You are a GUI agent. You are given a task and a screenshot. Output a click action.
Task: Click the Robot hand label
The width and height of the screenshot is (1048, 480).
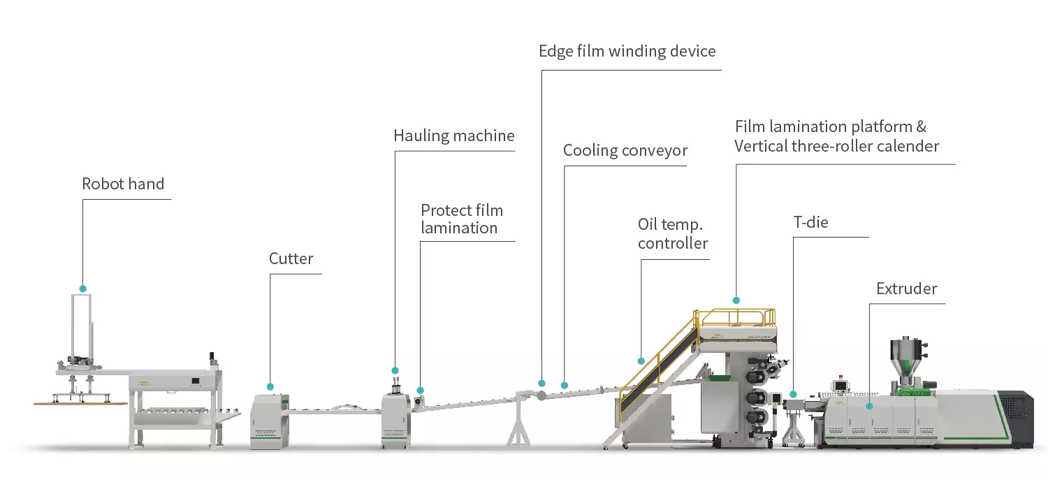click(x=123, y=184)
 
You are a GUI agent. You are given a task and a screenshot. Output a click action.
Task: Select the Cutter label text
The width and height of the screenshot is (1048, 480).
click(x=291, y=259)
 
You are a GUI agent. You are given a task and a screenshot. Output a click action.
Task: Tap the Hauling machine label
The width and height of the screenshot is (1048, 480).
click(x=453, y=136)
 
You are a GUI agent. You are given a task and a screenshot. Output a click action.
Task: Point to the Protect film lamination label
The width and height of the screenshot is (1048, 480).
click(x=461, y=219)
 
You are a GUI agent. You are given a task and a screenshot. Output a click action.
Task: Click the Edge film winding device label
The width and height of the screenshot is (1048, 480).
click(x=627, y=51)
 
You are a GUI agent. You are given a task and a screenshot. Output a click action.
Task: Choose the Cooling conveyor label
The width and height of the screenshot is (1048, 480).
click(x=625, y=151)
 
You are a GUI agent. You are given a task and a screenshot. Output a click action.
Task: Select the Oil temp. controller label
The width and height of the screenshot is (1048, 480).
click(x=672, y=234)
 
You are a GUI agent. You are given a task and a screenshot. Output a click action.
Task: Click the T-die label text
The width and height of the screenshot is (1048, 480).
click(x=810, y=223)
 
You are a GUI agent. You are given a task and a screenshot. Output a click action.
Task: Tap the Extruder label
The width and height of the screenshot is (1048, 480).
click(x=906, y=289)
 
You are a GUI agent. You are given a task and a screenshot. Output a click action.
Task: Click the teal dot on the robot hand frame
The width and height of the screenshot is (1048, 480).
click(x=83, y=289)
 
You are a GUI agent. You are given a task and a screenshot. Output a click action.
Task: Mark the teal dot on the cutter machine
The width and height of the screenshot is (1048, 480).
click(x=270, y=386)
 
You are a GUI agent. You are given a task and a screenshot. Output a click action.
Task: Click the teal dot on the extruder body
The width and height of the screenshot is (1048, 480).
click(x=870, y=405)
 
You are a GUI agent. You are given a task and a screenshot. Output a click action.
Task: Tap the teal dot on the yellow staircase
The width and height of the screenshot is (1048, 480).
click(x=641, y=361)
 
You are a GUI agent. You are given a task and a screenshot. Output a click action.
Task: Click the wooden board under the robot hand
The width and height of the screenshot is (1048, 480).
click(x=80, y=403)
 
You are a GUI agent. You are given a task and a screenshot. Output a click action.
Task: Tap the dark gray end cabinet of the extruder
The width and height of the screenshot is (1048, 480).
click(x=1017, y=419)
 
